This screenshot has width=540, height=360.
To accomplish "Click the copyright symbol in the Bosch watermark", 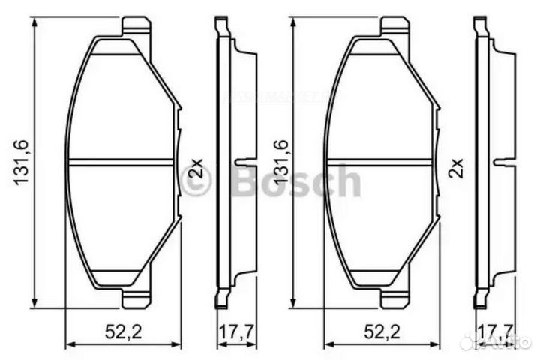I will tap(196, 181).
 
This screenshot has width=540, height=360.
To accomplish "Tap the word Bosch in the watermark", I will tap(298, 181).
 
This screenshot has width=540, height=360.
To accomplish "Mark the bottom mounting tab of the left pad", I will tap(136, 298).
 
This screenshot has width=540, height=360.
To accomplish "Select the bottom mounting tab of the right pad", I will tap(394, 298).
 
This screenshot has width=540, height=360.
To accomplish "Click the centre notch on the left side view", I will tap(244, 160).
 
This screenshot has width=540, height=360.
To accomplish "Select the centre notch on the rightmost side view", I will tap(503, 160).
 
